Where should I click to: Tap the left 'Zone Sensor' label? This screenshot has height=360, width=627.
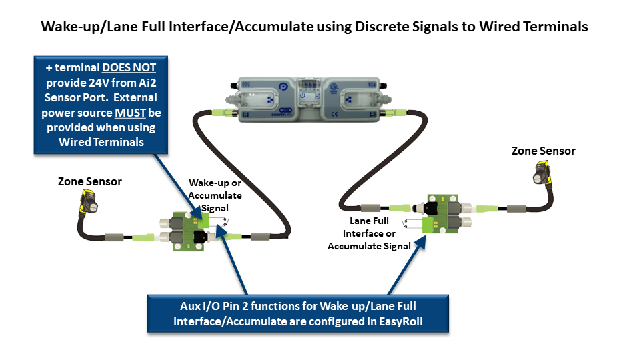(89, 181)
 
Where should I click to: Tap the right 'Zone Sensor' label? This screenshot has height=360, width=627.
(543, 151)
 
